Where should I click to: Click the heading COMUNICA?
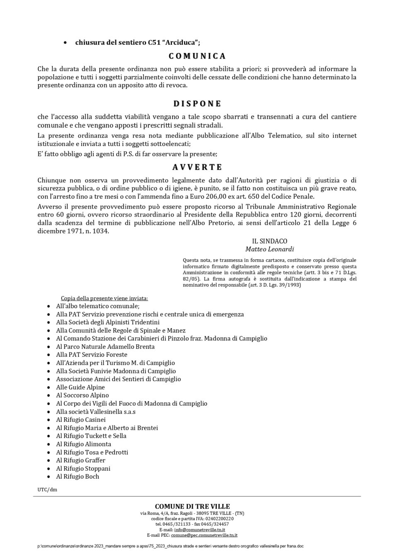197,56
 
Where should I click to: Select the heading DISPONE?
197,104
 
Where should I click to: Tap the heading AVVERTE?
197,167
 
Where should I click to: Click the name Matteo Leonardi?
270,249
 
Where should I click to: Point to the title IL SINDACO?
270,241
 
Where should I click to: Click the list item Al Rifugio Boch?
78,477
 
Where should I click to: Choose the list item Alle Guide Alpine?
80,387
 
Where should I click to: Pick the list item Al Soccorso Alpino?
82,395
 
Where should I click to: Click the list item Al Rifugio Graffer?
80,460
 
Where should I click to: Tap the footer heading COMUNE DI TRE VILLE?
192,506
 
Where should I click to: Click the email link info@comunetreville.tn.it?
200,530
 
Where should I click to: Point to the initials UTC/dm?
47,490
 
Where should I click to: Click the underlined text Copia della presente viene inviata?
104,298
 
